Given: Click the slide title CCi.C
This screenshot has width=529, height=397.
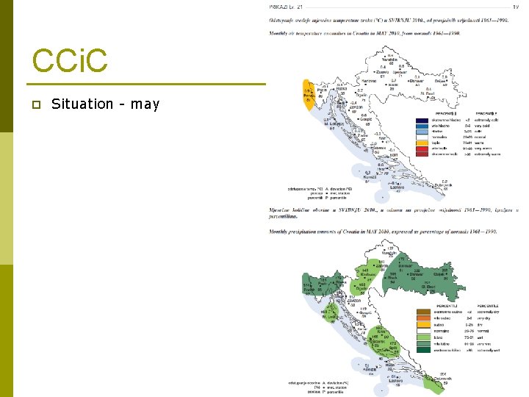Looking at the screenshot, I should (70, 62).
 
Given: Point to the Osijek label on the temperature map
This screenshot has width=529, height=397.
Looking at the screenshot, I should (441, 80).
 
